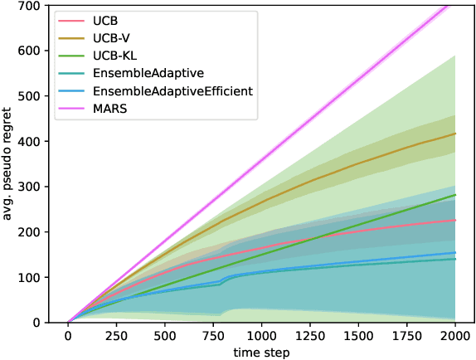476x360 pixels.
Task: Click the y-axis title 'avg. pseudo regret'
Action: point(11,162)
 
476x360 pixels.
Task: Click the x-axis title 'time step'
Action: point(260,352)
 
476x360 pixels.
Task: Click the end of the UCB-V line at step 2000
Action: point(454,134)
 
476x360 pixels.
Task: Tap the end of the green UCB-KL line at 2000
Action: point(454,195)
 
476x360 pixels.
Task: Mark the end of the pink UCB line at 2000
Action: point(454,220)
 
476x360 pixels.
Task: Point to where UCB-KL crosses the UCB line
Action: point(311,239)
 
